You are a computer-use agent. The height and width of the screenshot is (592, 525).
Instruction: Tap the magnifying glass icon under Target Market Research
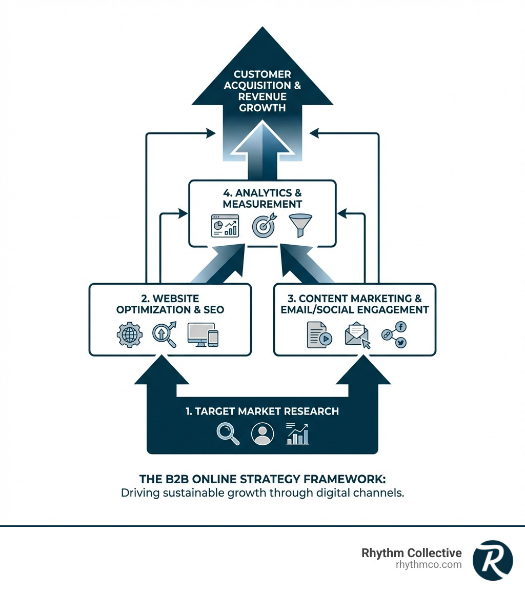[x=227, y=433]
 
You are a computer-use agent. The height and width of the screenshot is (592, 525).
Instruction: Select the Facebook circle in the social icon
[x=401, y=326]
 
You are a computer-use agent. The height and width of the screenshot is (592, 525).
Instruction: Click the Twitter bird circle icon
[x=401, y=343]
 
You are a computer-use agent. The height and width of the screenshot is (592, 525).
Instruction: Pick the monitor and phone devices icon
[x=203, y=334]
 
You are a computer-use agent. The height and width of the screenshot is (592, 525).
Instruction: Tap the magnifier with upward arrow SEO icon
[x=165, y=334]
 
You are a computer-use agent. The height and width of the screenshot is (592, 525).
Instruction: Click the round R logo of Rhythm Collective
[x=492, y=560]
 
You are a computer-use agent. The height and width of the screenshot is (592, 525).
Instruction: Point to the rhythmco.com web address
[x=429, y=565]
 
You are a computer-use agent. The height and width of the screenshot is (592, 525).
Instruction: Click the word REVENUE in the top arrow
[x=262, y=97]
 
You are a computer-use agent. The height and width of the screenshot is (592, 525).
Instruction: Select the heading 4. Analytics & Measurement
[x=262, y=199]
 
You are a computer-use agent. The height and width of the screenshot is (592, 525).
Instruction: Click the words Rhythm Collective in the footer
[x=412, y=553]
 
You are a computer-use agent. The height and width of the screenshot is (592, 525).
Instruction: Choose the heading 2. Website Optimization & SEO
[x=170, y=304]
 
